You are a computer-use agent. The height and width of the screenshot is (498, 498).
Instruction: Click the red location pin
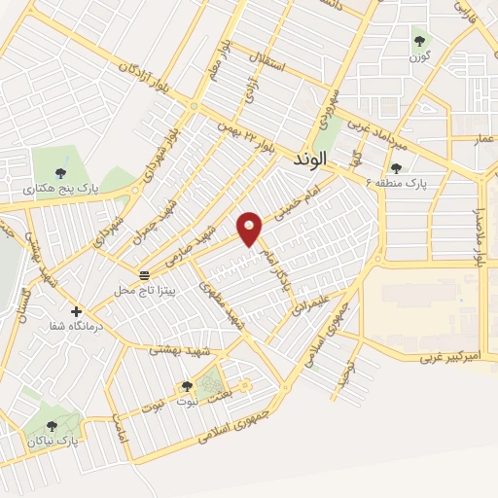tap(250, 228)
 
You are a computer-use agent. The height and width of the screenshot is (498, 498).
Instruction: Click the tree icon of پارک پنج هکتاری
tap(61, 172)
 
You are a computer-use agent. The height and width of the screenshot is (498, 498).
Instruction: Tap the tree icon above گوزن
tap(420, 41)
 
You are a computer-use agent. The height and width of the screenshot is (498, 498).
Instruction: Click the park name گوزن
tap(420, 56)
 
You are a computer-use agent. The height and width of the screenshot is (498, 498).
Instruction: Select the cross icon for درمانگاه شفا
tap(76, 311)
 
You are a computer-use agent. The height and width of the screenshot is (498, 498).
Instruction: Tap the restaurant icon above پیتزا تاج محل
tap(144, 276)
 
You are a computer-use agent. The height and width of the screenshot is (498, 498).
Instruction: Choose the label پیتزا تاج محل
tap(136, 290)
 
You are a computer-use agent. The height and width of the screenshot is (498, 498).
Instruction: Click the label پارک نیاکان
tap(53, 442)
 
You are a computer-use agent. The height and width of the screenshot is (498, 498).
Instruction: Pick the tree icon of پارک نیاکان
tap(53, 425)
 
